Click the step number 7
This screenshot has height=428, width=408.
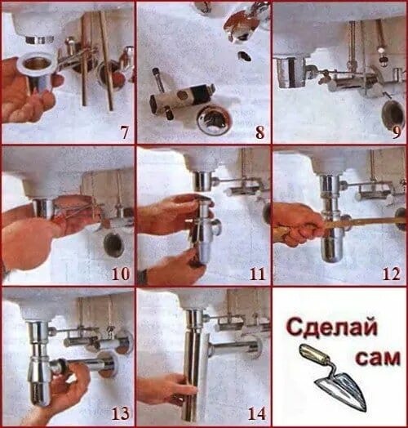(124, 132)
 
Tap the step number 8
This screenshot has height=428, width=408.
(260, 132)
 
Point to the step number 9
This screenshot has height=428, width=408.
(397, 132)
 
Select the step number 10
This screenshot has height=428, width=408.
(121, 274)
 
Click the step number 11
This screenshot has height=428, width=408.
(258, 274)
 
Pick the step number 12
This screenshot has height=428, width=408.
(392, 274)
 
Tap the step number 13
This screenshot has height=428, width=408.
(120, 413)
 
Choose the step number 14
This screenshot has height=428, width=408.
(257, 413)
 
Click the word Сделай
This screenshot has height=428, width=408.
(331, 328)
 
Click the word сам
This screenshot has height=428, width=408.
(378, 358)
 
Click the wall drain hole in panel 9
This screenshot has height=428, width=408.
(392, 114)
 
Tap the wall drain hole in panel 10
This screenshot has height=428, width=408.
(113, 245)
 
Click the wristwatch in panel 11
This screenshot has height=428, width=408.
(143, 276)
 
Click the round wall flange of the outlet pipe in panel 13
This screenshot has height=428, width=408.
(108, 364)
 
